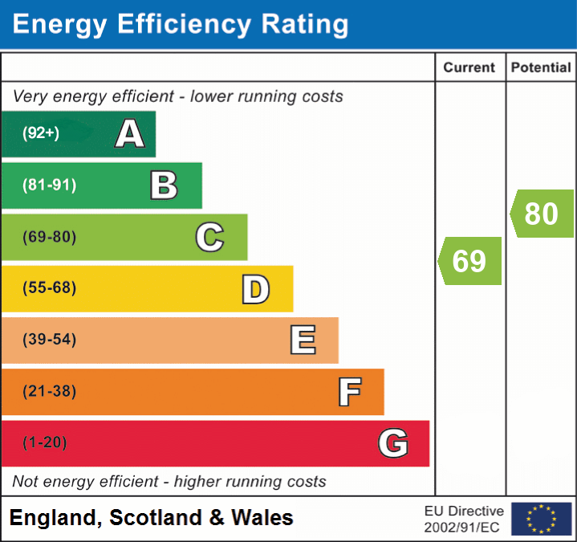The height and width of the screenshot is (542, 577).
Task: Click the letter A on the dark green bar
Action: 130,133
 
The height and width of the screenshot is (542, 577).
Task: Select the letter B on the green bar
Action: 164,185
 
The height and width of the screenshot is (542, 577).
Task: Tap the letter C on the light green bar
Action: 209,237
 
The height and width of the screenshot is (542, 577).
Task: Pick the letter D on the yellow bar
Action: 255,289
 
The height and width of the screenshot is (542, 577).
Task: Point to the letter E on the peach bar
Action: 303,340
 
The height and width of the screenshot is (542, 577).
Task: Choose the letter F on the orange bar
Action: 349,392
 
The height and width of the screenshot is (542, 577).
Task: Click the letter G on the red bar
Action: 393,443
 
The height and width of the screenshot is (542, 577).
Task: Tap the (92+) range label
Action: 41,133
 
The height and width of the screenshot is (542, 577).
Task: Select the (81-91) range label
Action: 49,185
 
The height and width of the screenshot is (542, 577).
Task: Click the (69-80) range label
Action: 49,237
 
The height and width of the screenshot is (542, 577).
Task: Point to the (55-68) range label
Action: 49,288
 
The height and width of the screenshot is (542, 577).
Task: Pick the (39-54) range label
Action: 49,340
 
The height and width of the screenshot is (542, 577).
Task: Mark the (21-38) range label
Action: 49,392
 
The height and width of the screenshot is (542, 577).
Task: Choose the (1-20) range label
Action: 45,443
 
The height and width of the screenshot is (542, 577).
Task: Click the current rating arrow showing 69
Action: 470,261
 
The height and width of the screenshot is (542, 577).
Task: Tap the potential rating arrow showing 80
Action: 542,214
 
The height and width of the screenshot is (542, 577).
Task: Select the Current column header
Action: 469,68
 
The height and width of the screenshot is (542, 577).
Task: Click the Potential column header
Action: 541,68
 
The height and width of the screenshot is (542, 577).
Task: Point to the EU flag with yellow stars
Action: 541,519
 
